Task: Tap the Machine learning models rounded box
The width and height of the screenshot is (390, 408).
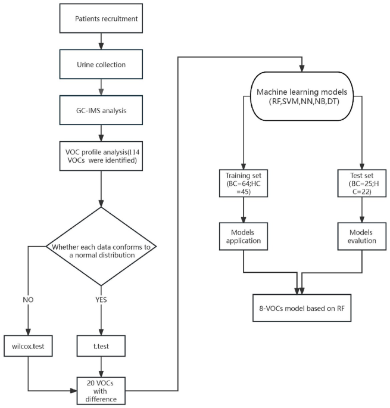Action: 302,97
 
